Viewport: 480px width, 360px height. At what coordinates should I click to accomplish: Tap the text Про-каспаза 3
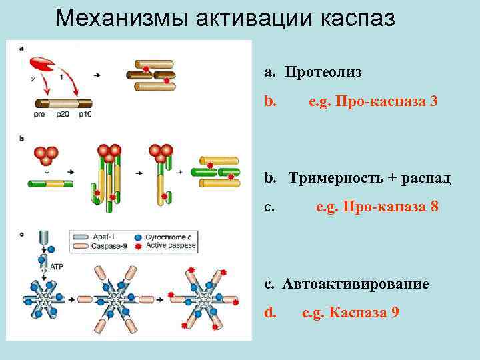coord(387,102)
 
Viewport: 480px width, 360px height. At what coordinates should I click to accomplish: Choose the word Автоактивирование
coord(355,283)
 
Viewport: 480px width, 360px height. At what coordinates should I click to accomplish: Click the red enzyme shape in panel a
coord(42,65)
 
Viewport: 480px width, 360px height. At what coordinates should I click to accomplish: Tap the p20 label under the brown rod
coord(62,115)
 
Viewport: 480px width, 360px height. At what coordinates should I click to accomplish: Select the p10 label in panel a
coord(85,115)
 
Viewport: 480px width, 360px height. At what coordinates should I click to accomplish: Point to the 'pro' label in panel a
coord(39,115)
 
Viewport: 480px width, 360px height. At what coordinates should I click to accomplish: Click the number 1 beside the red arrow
coord(61,77)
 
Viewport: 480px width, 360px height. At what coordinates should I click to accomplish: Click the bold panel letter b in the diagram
coord(22,139)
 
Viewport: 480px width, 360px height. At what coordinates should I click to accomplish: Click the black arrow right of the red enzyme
coord(97,75)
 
